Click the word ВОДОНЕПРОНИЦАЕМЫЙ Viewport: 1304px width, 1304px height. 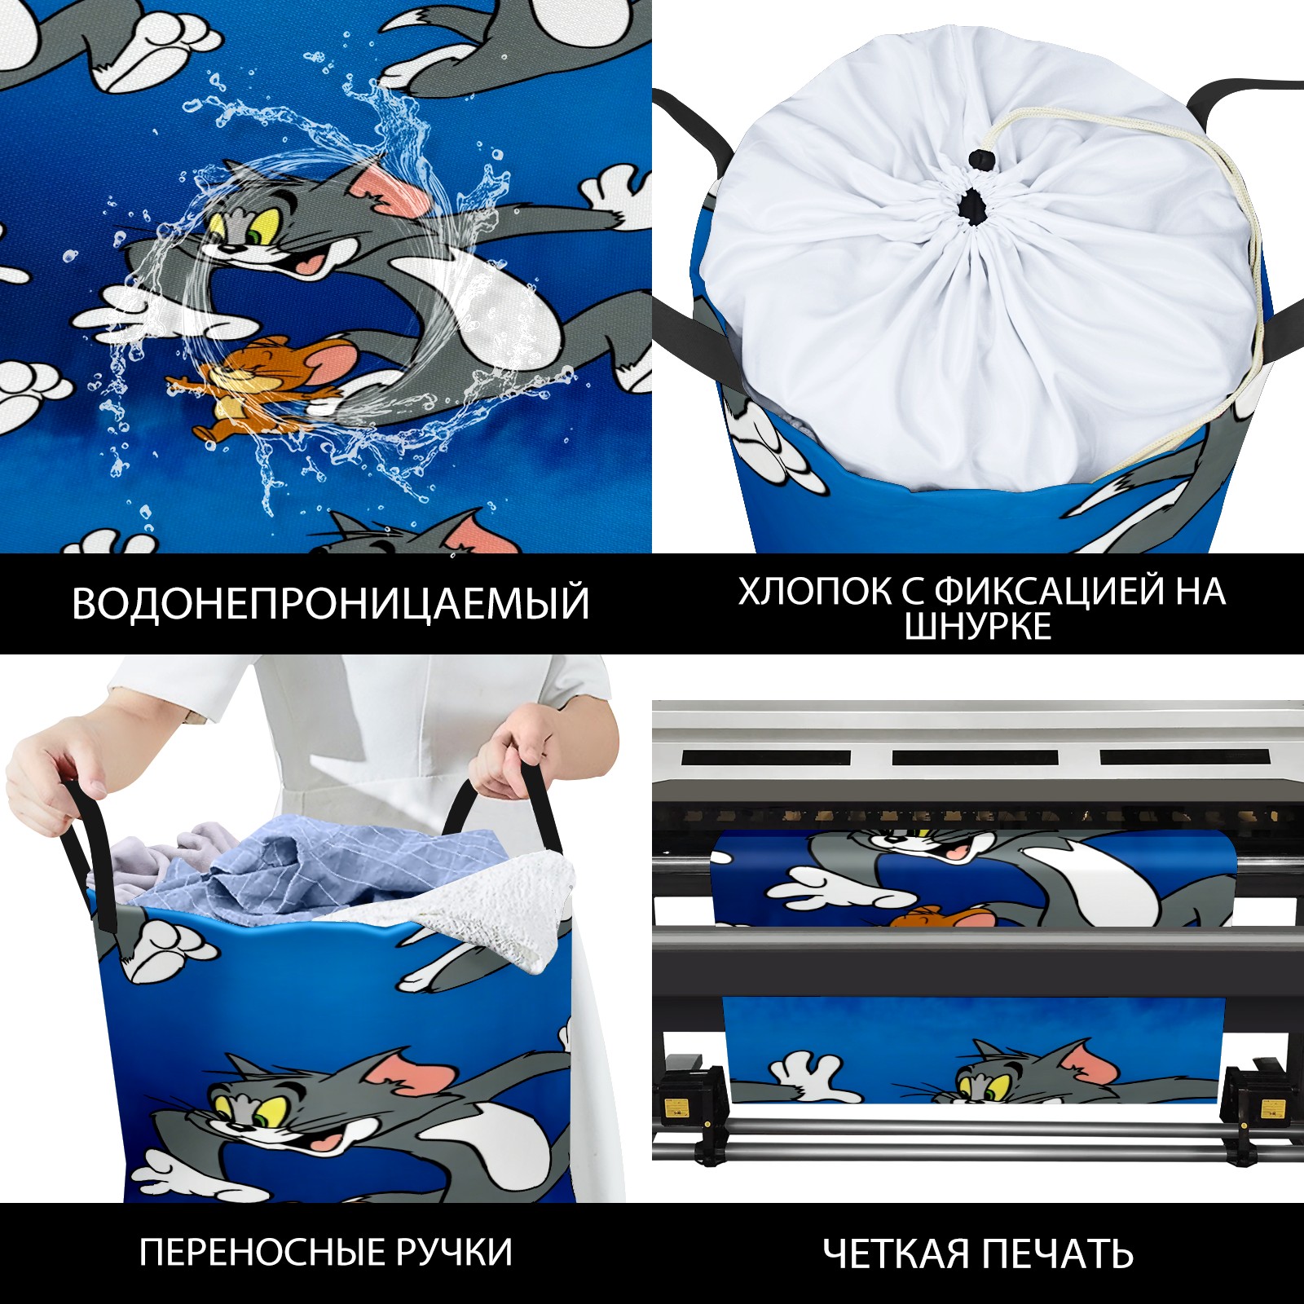[x=330, y=603]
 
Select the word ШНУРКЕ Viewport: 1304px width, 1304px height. [x=978, y=626]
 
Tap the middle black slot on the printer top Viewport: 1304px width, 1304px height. [x=975, y=757]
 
